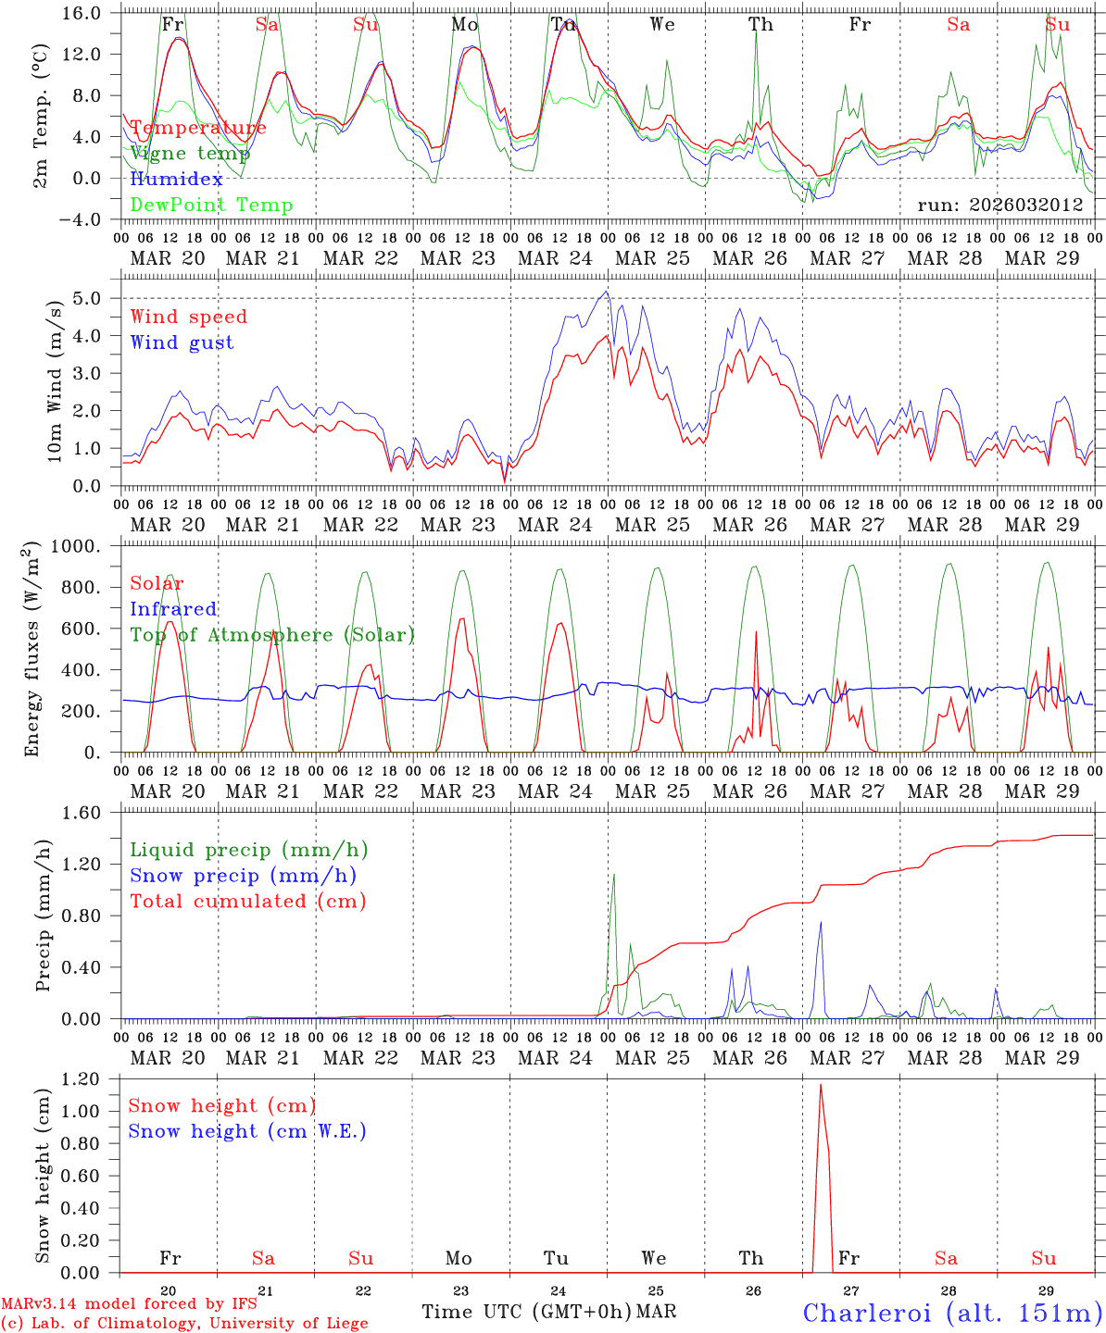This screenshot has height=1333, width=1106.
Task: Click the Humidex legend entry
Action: coord(176,180)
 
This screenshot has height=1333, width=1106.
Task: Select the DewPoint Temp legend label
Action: coord(211,206)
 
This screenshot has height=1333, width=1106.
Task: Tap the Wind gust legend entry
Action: coord(182,343)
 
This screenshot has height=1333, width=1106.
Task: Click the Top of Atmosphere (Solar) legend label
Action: coord(271,635)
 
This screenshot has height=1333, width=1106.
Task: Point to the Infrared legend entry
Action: coord(173,609)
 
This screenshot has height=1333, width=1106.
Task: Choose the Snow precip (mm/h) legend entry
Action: coord(243,876)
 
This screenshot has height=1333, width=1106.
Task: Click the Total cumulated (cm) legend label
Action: coord(247,902)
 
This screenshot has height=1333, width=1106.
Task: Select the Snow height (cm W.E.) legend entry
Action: coord(246,1131)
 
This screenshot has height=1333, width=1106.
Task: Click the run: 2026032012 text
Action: coord(999,206)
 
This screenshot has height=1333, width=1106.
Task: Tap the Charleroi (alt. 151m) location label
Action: coord(952,1313)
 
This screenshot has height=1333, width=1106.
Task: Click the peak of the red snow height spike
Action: coord(820,1085)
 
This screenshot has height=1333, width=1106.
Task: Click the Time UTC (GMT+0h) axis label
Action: coord(526,1312)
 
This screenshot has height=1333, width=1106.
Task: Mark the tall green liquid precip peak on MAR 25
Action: coord(613,874)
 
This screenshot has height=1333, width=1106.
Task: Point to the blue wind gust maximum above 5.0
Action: coord(607,292)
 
